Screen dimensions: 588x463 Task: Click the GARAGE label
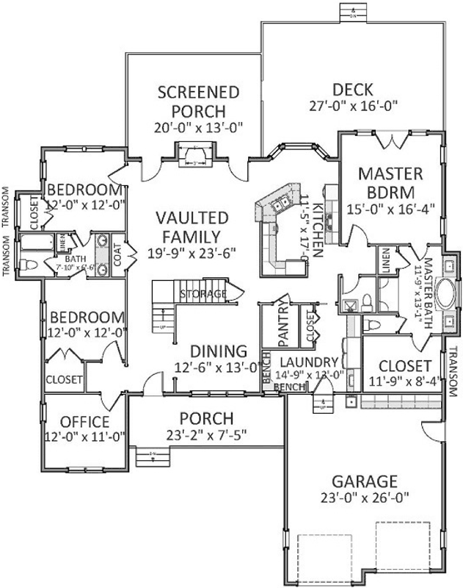[365, 481]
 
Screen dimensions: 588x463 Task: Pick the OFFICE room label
[84, 423]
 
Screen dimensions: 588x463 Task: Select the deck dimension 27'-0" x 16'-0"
[354, 105]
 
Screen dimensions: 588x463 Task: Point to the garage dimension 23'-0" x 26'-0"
[365, 498]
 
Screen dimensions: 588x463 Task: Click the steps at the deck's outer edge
[353, 12]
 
